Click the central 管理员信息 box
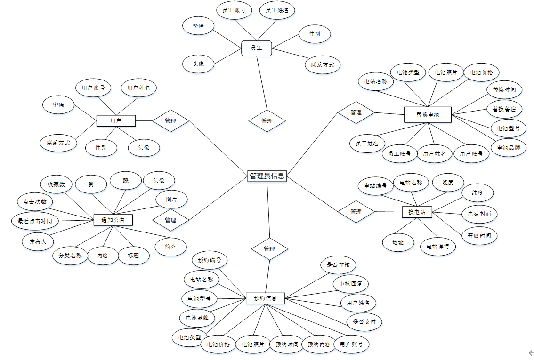coord(267,176)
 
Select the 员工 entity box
coord(257,48)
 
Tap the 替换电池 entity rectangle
coord(428,114)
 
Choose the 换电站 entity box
coord(417,212)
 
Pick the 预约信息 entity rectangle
coord(266,298)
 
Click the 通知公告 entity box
coord(113,220)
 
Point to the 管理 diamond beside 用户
coord(170,121)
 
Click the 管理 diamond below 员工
coord(267,121)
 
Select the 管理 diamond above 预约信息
coord(269,248)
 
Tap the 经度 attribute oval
coord(447,183)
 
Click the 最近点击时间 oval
coord(35,221)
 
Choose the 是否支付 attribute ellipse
coord(364,322)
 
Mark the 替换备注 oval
coord(504,109)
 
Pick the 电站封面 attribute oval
coord(479,214)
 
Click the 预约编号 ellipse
coord(210,260)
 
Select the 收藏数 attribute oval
coord(56,184)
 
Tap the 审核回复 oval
coord(350,284)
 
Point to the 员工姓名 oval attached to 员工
coord(277,10)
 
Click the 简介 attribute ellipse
coord(171,247)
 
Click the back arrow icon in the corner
coord(531,353)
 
